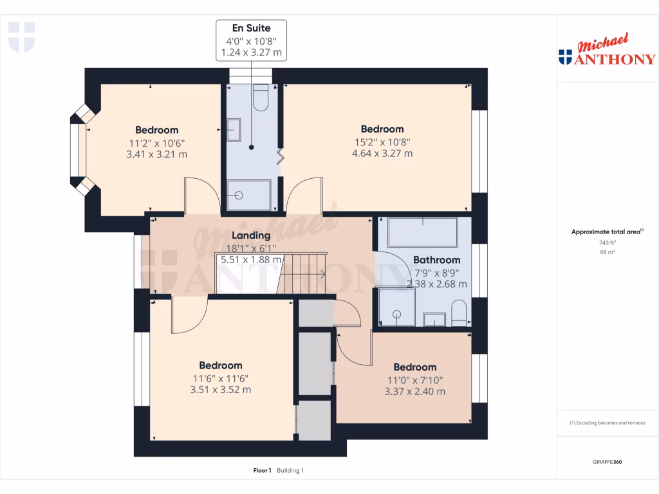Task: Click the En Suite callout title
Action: coord(251,28)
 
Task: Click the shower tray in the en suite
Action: coord(249,195)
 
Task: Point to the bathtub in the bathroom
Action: coord(422,232)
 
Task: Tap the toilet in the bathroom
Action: coord(459,313)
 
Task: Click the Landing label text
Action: coord(251,235)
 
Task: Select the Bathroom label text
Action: coord(436,260)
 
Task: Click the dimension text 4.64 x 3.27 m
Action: coord(382,154)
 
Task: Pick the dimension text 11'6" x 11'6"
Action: coord(220,378)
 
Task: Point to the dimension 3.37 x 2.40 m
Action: coord(414,391)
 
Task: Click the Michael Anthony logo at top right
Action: coord(607,51)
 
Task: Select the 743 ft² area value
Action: coord(608,242)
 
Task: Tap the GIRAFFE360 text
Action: coord(608,462)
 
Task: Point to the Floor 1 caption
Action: coord(263,470)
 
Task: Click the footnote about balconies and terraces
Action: coord(608,423)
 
